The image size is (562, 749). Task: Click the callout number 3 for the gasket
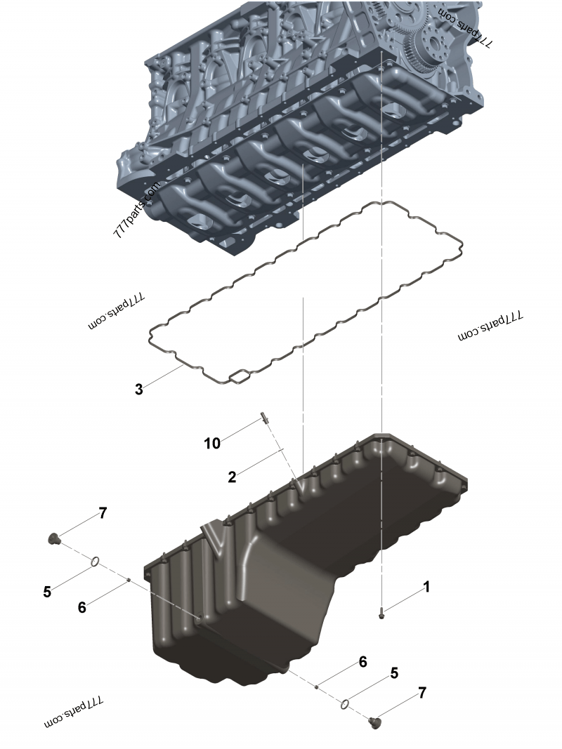point(138,390)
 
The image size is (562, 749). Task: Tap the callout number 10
point(212,443)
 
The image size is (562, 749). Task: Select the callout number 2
point(233,477)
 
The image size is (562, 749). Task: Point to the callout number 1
point(426,587)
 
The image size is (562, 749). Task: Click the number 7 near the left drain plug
point(103,514)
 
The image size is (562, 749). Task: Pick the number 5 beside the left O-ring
point(47,592)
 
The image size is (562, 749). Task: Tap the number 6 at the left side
point(81,607)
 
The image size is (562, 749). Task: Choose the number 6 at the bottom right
point(362,662)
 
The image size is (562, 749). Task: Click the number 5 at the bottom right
point(394,673)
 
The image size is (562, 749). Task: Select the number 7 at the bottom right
point(422,693)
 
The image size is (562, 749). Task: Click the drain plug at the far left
point(53,539)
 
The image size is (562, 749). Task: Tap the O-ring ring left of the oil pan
point(95,562)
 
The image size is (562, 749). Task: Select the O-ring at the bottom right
point(345,704)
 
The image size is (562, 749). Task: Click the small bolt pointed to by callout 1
point(381,613)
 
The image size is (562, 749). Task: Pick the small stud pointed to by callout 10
point(264,418)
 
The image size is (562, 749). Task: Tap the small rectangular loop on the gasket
point(240,377)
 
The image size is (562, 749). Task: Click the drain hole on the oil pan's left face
point(200,620)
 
